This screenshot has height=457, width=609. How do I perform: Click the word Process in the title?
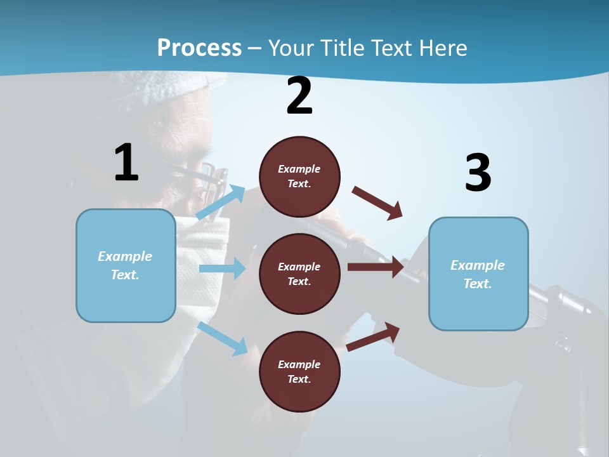point(199,48)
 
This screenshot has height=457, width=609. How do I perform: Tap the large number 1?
point(126,163)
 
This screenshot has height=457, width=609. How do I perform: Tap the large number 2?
point(299,96)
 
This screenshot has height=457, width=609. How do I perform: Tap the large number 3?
point(478,173)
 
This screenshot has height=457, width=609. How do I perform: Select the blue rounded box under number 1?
point(126,265)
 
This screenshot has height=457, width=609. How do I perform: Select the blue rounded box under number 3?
point(478,274)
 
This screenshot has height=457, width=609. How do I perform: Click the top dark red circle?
point(299,176)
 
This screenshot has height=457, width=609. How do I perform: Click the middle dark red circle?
point(299,274)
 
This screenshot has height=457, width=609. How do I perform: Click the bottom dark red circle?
point(299,371)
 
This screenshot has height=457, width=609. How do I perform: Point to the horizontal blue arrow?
point(223,268)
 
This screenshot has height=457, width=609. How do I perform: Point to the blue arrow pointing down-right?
point(223,338)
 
